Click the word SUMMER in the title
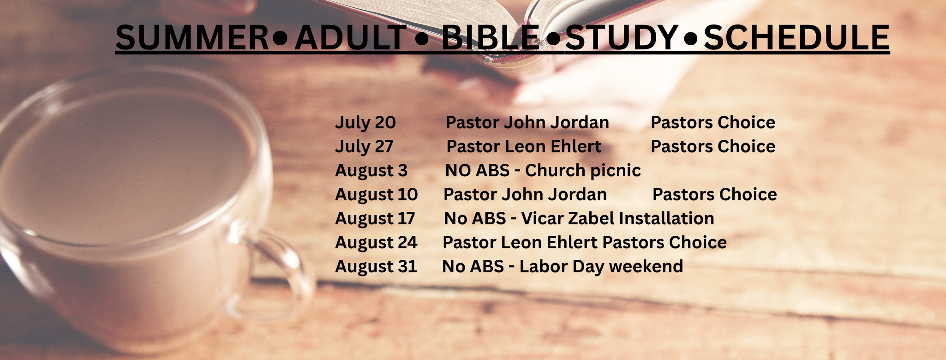click(x=192, y=37)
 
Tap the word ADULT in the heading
click(x=351, y=37)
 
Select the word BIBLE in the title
click(x=491, y=37)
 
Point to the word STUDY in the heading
click(x=622, y=37)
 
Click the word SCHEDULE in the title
click(x=797, y=37)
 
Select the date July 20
click(x=365, y=123)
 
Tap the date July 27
click(x=364, y=147)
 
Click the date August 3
click(x=371, y=171)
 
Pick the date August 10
click(x=377, y=195)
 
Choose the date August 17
click(x=375, y=219)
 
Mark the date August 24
click(x=376, y=243)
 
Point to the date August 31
click(x=376, y=267)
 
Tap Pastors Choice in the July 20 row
click(x=713, y=122)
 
